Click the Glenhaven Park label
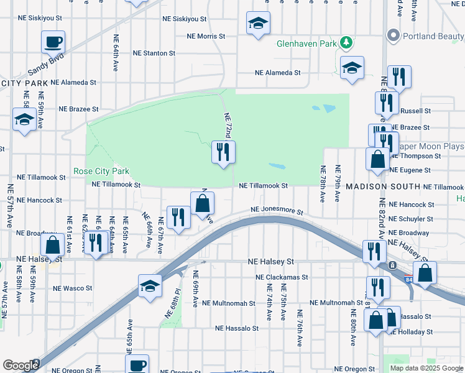(306, 44)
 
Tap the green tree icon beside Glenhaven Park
(346, 44)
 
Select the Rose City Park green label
(101, 171)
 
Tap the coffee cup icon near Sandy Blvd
(53, 42)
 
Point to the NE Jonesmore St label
(277, 211)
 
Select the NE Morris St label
(205, 36)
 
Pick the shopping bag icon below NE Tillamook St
(203, 203)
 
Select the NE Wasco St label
(73, 288)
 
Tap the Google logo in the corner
(20, 366)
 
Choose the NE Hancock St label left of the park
(39, 200)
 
